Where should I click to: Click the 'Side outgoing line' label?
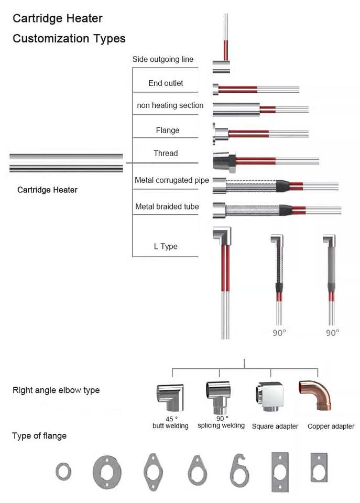tap(162, 59)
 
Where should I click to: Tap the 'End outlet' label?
tap(166, 83)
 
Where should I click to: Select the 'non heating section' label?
tap(170, 105)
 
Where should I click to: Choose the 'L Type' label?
tap(166, 246)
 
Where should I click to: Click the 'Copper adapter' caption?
tap(331, 426)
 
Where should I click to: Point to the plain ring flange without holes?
tap(63, 471)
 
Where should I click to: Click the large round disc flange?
tap(107, 472)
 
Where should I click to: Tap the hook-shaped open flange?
tap(239, 470)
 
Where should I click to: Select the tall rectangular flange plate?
tap(280, 471)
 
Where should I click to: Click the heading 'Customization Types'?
tap(69, 38)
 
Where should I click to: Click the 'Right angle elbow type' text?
tap(56, 390)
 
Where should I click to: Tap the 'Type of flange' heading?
tap(39, 435)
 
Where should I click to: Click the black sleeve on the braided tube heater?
tap(285, 211)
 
